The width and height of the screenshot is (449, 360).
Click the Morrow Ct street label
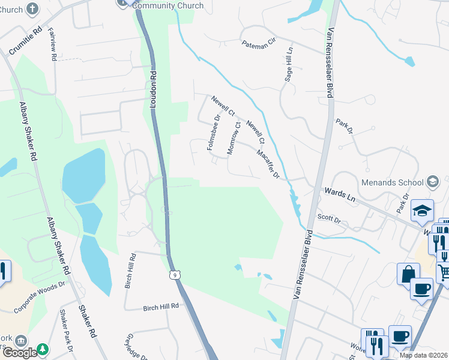click(x=235, y=139)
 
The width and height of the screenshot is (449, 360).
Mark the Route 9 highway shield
click(x=173, y=275)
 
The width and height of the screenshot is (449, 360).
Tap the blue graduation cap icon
click(x=423, y=210)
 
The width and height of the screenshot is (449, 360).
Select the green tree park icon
click(x=43, y=349)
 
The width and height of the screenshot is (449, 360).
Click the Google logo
click(x=19, y=353)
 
